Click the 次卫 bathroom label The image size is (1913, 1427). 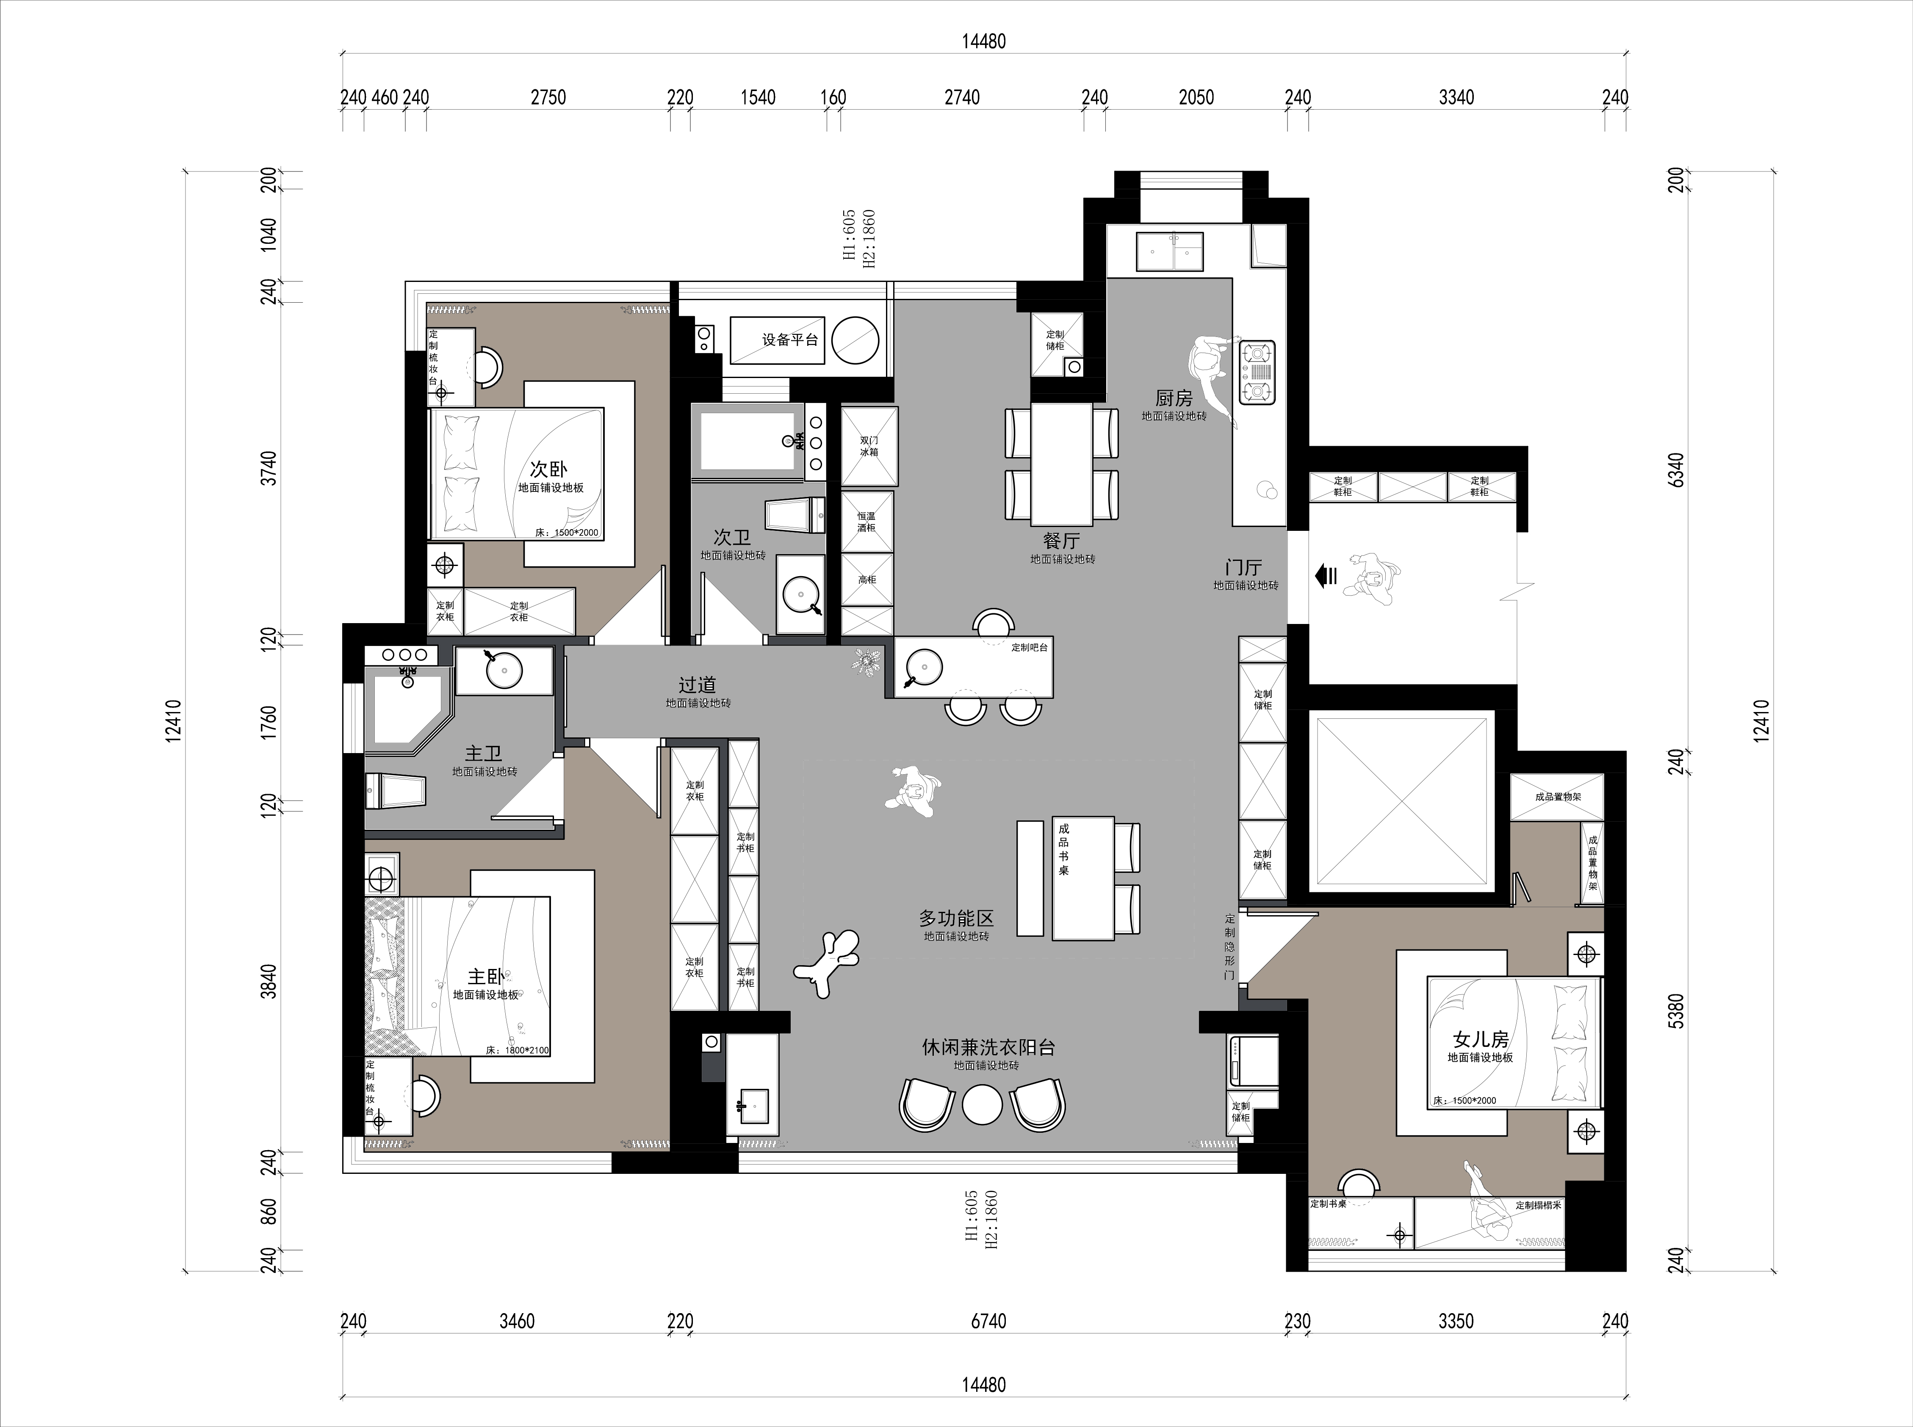tap(732, 537)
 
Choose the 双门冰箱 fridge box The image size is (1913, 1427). tap(869, 447)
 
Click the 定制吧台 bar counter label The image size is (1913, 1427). tap(1029, 647)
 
